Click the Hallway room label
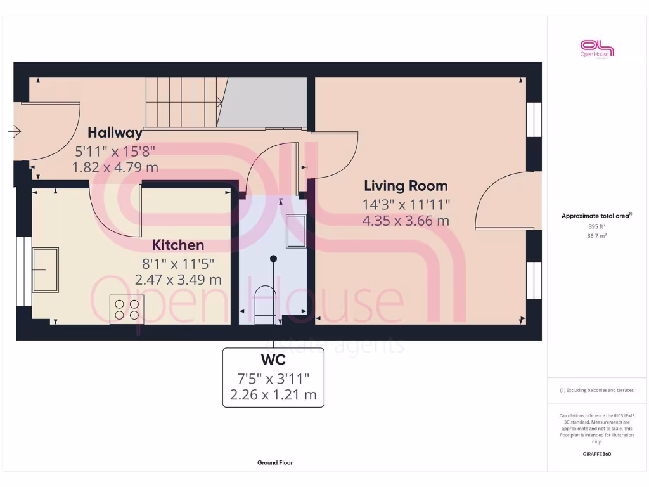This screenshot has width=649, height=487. (115, 133)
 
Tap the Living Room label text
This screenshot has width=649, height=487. (406, 186)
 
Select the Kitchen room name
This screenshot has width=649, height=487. (178, 245)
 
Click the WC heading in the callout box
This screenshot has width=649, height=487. (273, 360)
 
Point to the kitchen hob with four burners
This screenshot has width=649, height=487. (126, 309)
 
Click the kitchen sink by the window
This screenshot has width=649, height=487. (46, 269)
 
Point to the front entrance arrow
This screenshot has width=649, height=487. (14, 132)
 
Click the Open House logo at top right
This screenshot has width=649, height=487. (597, 49)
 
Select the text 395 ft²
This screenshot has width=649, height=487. (596, 226)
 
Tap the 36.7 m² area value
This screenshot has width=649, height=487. (596, 235)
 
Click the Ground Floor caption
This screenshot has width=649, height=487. (274, 463)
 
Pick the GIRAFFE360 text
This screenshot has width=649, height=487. (596, 454)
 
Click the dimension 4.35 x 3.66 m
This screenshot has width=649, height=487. (406, 221)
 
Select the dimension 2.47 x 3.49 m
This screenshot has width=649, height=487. (178, 279)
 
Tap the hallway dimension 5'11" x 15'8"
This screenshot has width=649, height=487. (115, 151)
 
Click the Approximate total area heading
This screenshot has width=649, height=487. (596, 216)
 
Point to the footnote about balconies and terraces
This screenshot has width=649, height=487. (596, 390)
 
